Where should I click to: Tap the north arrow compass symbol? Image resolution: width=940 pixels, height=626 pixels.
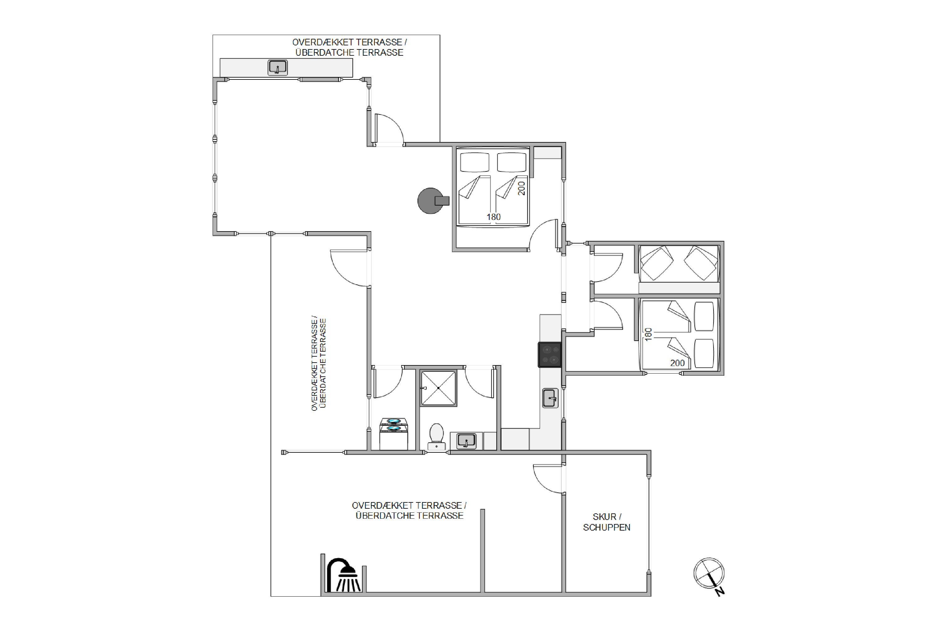pyautogui.click(x=709, y=575)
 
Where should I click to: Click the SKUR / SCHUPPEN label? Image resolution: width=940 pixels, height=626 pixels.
pyautogui.click(x=606, y=522)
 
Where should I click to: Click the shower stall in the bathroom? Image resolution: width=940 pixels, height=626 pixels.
pyautogui.click(x=439, y=388)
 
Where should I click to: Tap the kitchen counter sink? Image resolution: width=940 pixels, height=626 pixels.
pyautogui.click(x=550, y=398)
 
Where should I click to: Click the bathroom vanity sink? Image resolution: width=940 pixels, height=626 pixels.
pyautogui.click(x=466, y=441)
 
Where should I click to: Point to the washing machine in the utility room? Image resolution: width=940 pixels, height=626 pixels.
pyautogui.click(x=393, y=434)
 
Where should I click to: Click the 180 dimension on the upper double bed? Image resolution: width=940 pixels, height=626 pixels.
pyautogui.click(x=494, y=217)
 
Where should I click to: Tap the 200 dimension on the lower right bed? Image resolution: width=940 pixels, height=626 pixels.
pyautogui.click(x=678, y=363)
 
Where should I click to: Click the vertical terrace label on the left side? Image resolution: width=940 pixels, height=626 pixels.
pyautogui.click(x=319, y=364)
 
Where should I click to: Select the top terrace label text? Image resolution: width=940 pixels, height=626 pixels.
pyautogui.click(x=349, y=48)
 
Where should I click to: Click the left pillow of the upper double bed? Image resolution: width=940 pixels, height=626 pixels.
pyautogui.click(x=475, y=162)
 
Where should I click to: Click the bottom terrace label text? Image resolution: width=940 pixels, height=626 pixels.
pyautogui.click(x=409, y=511)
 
